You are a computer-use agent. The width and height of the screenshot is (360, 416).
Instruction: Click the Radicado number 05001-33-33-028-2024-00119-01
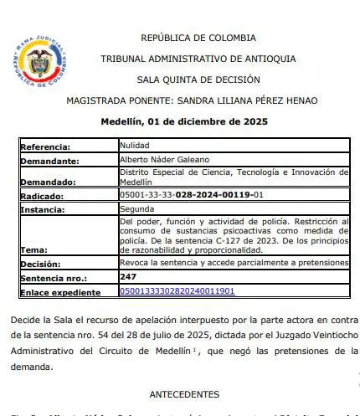192,195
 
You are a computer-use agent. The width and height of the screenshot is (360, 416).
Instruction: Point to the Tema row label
34,249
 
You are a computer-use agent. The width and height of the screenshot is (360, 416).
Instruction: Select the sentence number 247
128,276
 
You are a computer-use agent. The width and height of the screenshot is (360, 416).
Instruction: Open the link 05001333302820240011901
177,291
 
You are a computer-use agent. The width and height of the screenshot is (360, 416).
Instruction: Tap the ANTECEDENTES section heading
184,393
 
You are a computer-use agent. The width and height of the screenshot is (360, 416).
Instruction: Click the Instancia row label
46,210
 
